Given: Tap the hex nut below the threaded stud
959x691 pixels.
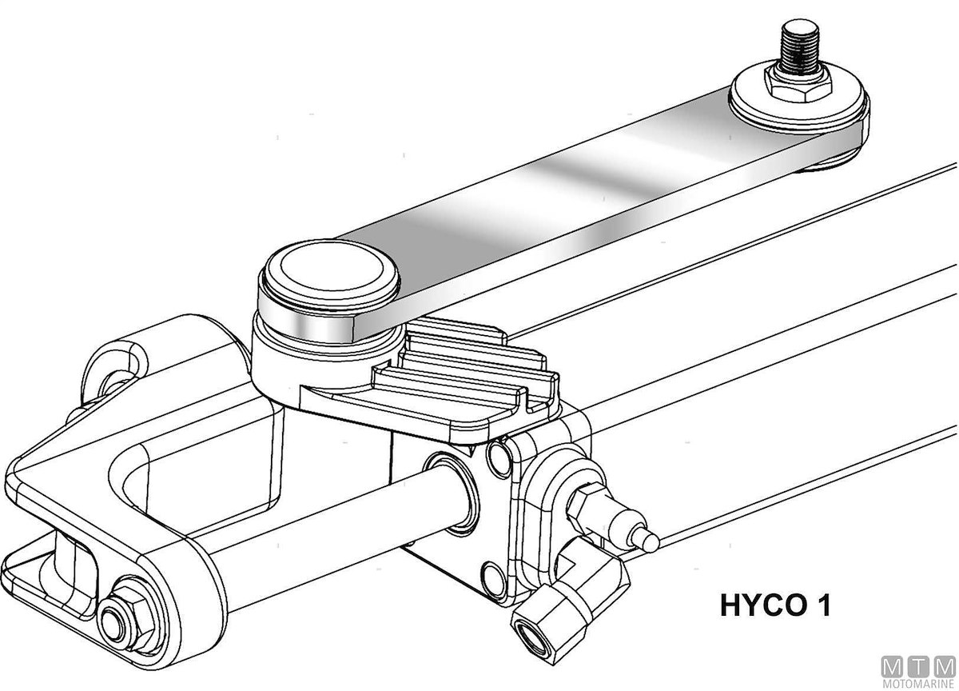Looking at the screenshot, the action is coord(798,86).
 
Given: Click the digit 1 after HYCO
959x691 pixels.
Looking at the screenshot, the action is coord(823,605).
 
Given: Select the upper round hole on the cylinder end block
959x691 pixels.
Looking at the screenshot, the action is coord(499,460).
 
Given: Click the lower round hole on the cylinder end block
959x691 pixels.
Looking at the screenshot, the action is coord(493,579).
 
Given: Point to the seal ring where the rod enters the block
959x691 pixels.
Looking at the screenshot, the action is coord(454,493).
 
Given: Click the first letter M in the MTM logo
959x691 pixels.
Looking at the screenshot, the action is coord(892,666).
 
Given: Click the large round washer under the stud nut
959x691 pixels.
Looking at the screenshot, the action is coord(799,101).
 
